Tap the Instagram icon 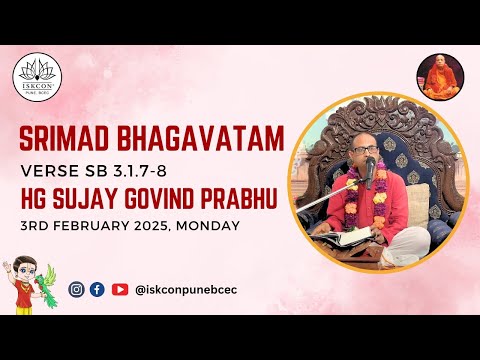(x=76, y=289)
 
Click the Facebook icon (x=97, y=289)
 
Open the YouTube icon (x=119, y=289)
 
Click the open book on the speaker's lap (x=339, y=237)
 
